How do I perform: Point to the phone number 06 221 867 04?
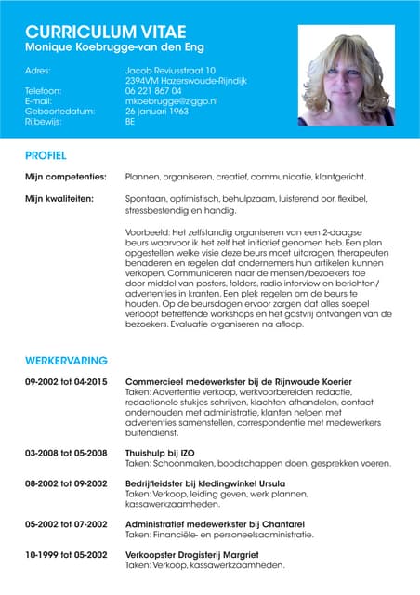[152, 90]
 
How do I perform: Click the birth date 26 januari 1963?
[157, 111]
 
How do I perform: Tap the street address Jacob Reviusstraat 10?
[170, 70]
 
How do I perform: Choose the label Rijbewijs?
[43, 121]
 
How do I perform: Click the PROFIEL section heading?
[46, 154]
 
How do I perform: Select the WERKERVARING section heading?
[66, 360]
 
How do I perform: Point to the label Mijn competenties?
[66, 176]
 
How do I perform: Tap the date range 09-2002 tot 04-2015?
[66, 382]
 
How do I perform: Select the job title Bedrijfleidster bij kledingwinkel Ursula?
[206, 483]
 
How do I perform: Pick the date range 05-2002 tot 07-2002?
[66, 524]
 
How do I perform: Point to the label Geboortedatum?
[59, 111]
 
